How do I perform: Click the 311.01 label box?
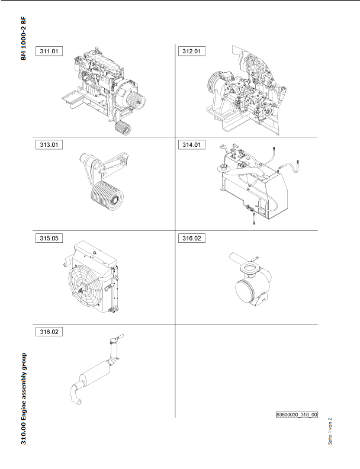point(49,51)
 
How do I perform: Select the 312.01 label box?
point(192,51)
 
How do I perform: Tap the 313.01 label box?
point(49,144)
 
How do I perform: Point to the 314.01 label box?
point(192,144)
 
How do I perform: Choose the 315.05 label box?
point(49,239)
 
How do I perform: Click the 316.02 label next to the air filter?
point(192,239)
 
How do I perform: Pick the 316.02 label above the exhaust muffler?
point(49,332)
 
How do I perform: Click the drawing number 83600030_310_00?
point(297,415)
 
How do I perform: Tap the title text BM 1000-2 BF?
point(24,38)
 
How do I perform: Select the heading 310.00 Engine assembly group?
point(24,399)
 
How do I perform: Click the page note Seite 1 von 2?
point(330,431)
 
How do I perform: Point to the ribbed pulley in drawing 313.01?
point(107,196)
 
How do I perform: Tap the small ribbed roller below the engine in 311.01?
point(123,128)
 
